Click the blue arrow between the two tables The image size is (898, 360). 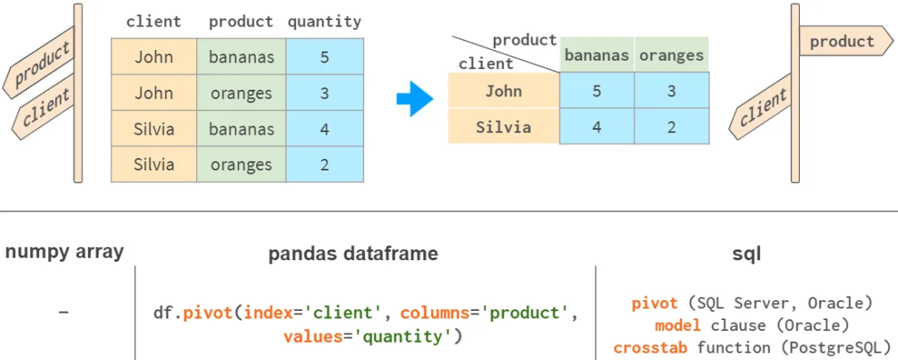[x=415, y=100]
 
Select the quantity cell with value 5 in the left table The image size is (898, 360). [x=324, y=57]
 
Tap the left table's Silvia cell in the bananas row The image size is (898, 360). [x=154, y=129]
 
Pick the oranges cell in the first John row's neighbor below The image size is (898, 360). [x=241, y=93]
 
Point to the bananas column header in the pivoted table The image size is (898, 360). [x=596, y=56]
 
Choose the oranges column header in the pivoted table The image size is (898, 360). [x=672, y=56]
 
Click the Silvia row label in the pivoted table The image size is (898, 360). [x=503, y=127]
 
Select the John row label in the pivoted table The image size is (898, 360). [x=503, y=91]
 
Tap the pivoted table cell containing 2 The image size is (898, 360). [x=672, y=127]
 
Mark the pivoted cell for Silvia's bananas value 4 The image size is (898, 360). [x=596, y=127]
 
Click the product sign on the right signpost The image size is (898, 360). [x=841, y=42]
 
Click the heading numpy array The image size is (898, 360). [x=64, y=252]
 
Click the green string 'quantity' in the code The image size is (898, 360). [x=366, y=336]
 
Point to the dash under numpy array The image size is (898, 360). [x=64, y=313]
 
